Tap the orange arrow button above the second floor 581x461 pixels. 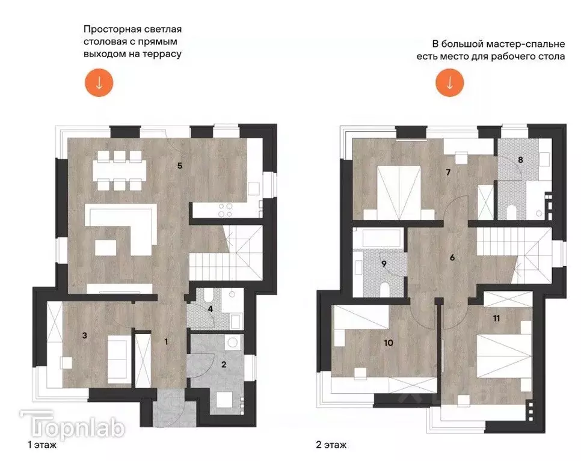click(449, 83)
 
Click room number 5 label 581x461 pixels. click(180, 165)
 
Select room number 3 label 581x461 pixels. click(85, 336)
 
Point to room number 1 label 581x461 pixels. click(167, 341)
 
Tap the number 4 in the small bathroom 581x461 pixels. click(210, 310)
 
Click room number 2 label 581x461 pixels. click(223, 364)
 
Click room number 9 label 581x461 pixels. click(383, 263)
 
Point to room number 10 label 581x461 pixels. click(388, 343)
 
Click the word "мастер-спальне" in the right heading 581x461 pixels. click(530, 44)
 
